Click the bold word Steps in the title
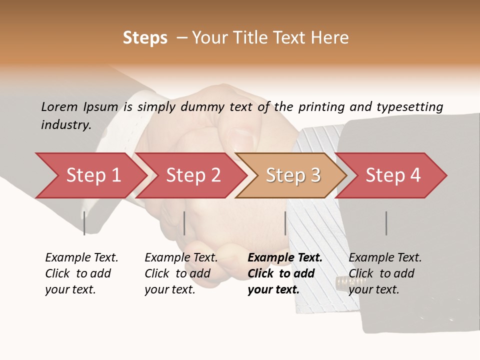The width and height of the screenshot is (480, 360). (145, 38)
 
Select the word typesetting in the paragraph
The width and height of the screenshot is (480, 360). (409, 107)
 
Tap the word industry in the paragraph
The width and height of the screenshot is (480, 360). (65, 125)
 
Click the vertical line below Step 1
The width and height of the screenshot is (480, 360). (84, 223)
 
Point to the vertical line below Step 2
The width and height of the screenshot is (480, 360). (184, 223)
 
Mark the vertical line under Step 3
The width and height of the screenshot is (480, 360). (285, 223)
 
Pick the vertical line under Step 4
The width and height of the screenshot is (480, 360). (386, 223)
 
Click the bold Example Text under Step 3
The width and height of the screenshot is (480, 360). (285, 258)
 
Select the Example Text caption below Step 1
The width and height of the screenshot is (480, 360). (81, 258)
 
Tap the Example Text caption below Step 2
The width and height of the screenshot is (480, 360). (181, 258)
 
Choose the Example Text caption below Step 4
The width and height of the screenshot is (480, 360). (385, 258)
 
